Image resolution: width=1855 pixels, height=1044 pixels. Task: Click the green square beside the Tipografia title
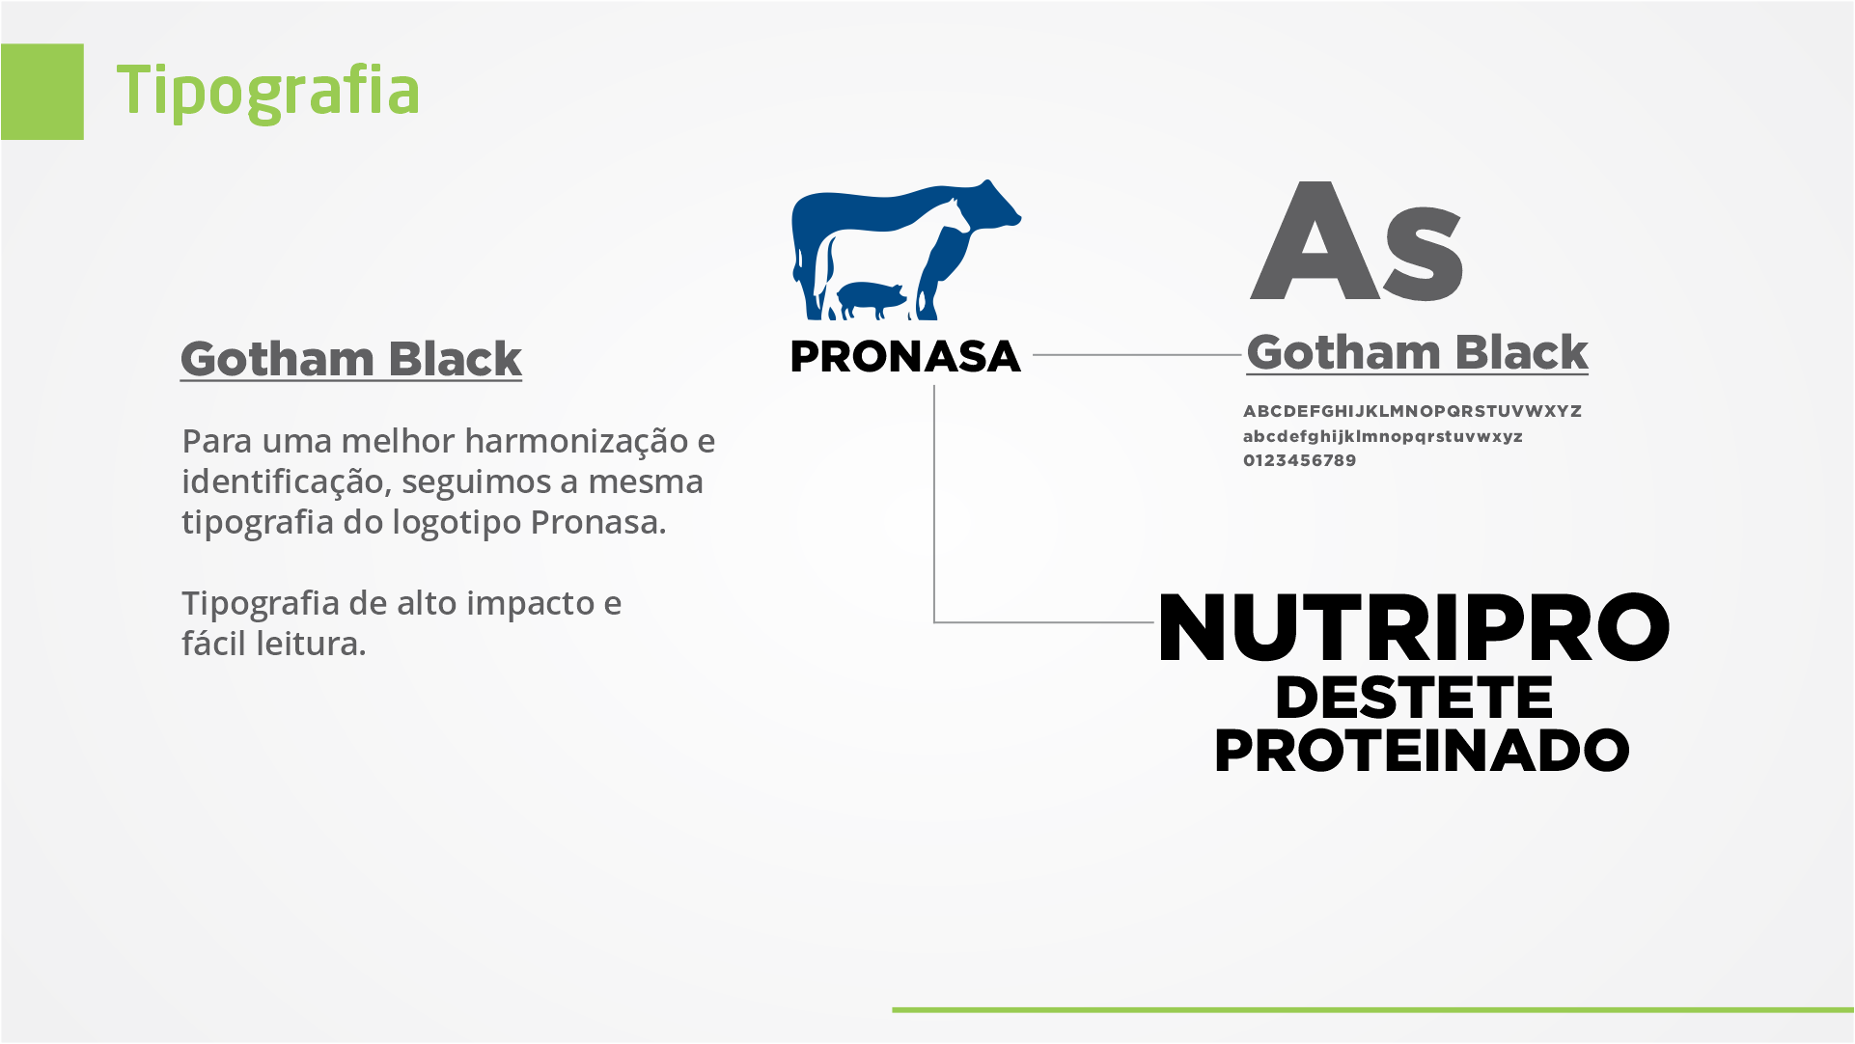(x=42, y=92)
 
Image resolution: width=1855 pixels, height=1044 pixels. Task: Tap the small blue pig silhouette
(x=872, y=300)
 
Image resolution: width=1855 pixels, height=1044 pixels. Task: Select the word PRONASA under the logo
(x=905, y=357)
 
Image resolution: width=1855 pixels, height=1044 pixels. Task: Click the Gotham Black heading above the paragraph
(x=351, y=359)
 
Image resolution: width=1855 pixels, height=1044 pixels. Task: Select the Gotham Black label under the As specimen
(x=1417, y=352)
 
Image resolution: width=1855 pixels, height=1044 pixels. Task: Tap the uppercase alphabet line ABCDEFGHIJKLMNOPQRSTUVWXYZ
(x=1412, y=411)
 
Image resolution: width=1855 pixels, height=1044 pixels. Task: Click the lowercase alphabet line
(x=1383, y=436)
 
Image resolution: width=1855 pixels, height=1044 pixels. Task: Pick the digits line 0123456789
(x=1300, y=460)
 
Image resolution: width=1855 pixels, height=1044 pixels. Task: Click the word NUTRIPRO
(x=1414, y=628)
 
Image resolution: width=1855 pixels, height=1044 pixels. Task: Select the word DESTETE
(x=1414, y=698)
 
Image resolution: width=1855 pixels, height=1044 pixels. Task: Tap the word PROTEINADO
(x=1422, y=751)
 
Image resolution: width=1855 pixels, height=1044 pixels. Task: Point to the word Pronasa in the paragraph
(x=598, y=522)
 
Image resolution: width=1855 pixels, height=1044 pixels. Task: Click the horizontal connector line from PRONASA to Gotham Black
(x=1137, y=355)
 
